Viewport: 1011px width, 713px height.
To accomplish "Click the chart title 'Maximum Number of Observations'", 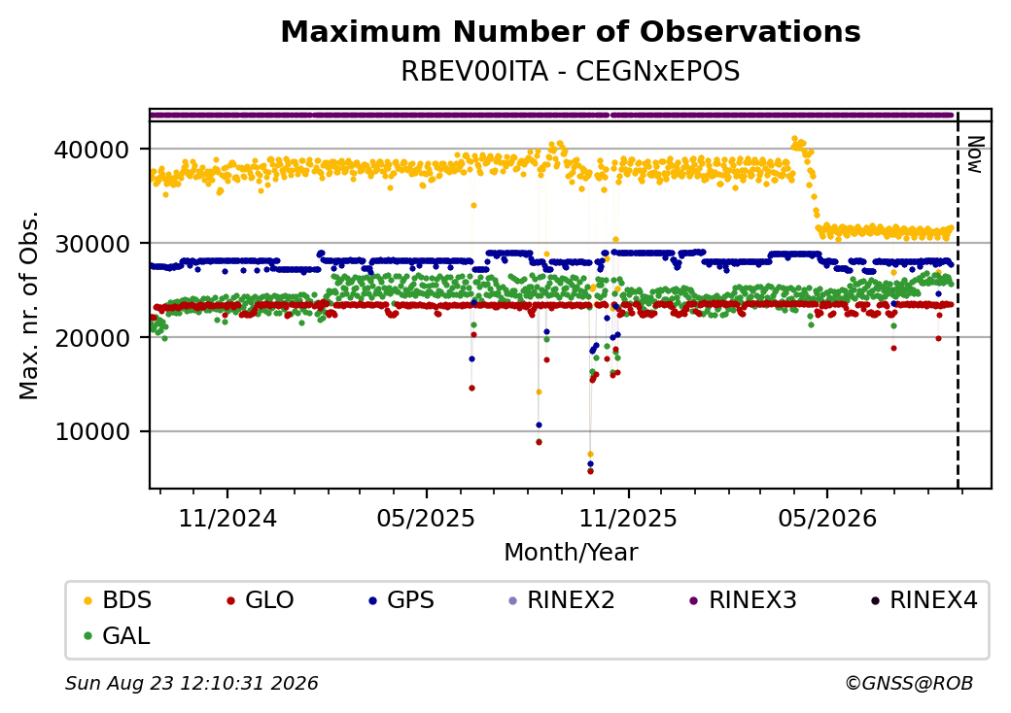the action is [571, 31].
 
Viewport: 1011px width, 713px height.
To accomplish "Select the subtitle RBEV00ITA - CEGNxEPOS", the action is [571, 71].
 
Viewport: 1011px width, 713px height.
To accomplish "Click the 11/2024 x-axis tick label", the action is [227, 518].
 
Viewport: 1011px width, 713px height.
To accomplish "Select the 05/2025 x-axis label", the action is [426, 518].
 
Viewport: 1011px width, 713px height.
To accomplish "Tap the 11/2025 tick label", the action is [628, 518].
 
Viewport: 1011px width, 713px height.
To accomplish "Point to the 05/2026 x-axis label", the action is [827, 518].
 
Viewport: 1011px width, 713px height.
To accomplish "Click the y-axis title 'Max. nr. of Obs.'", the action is [29, 305].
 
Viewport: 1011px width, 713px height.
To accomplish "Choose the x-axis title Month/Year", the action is [571, 552].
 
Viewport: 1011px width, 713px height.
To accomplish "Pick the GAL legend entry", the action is [117, 635].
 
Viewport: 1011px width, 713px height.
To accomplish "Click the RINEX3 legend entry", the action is [744, 600].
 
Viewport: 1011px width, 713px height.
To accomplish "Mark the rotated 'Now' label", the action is [976, 154].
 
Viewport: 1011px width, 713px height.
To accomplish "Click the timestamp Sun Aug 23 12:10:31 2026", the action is [192, 683].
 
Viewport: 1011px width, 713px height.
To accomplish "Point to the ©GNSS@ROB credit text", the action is [909, 683].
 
